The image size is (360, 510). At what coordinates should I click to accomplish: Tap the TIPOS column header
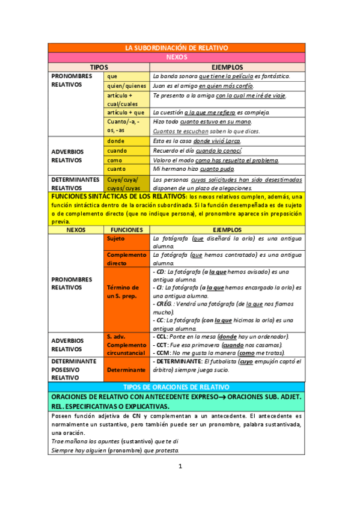(x=99, y=67)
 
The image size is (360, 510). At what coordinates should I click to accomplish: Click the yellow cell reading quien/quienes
(x=127, y=85)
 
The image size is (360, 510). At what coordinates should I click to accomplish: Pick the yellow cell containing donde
(x=127, y=141)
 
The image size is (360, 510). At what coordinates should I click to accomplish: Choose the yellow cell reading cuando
(x=127, y=151)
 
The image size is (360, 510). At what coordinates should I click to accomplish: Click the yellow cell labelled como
(x=127, y=161)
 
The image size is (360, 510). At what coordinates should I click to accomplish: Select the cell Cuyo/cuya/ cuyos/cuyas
(x=127, y=183)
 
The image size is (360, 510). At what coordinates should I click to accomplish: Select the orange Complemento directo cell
(x=127, y=259)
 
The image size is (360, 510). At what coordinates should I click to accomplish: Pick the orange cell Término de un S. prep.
(x=127, y=292)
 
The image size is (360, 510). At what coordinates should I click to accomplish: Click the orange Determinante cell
(x=127, y=369)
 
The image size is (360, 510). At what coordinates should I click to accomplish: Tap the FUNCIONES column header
(x=127, y=230)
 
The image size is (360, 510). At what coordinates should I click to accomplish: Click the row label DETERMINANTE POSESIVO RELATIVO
(x=75, y=369)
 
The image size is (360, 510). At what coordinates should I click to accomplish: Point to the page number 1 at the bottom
(x=180, y=467)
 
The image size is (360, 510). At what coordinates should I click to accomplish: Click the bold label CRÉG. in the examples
(x=163, y=304)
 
